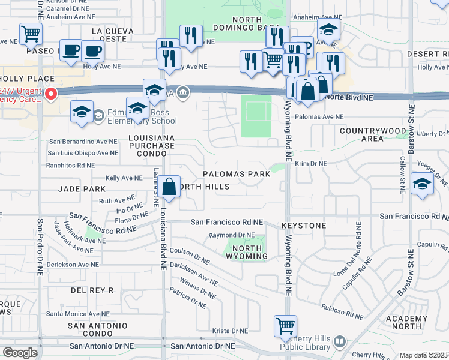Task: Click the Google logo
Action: (x=20, y=352)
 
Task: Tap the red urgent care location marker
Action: (x=51, y=94)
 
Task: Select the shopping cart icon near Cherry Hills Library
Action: (x=285, y=326)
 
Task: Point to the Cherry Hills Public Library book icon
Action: (x=339, y=341)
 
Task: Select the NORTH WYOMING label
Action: (x=246, y=253)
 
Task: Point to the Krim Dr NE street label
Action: (x=310, y=163)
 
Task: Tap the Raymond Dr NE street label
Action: (x=232, y=235)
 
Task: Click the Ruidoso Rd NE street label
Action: (x=343, y=312)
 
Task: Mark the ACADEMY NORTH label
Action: (x=412, y=322)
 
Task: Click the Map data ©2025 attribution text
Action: (x=423, y=355)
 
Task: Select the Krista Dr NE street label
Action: (x=231, y=331)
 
